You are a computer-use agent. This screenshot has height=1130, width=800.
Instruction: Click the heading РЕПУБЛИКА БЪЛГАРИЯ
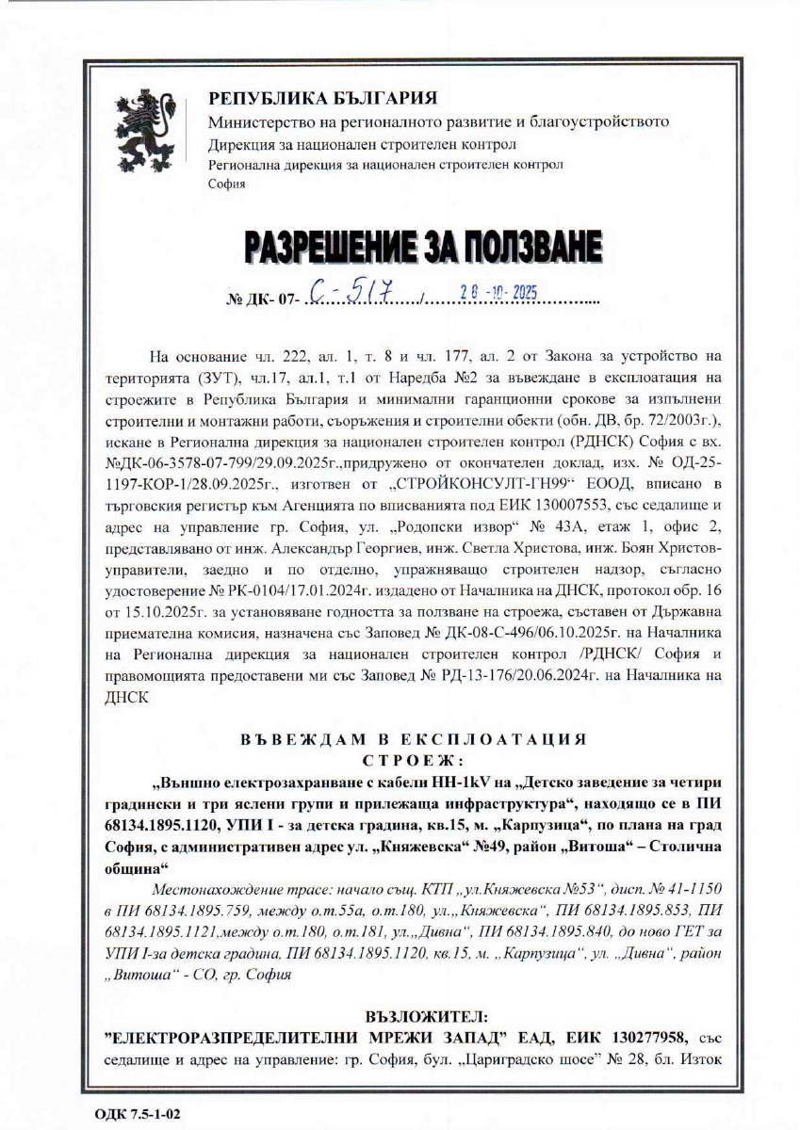(322, 98)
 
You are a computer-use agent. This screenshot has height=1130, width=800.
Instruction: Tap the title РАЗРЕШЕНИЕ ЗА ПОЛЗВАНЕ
(423, 249)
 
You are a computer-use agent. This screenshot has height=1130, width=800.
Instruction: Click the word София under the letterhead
(226, 184)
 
